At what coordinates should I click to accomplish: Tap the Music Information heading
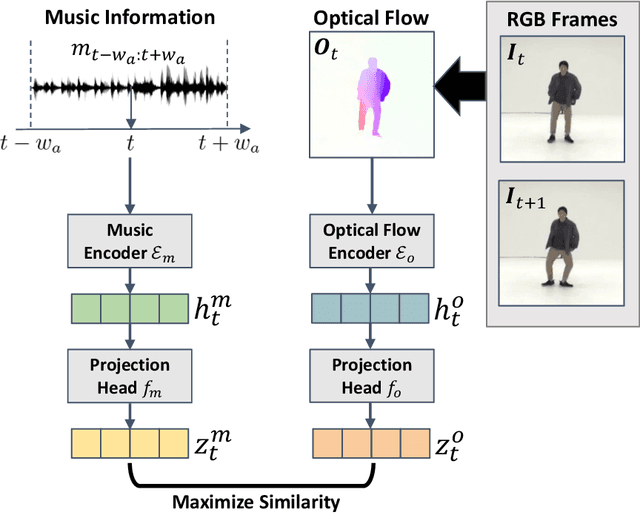[x=130, y=18]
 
